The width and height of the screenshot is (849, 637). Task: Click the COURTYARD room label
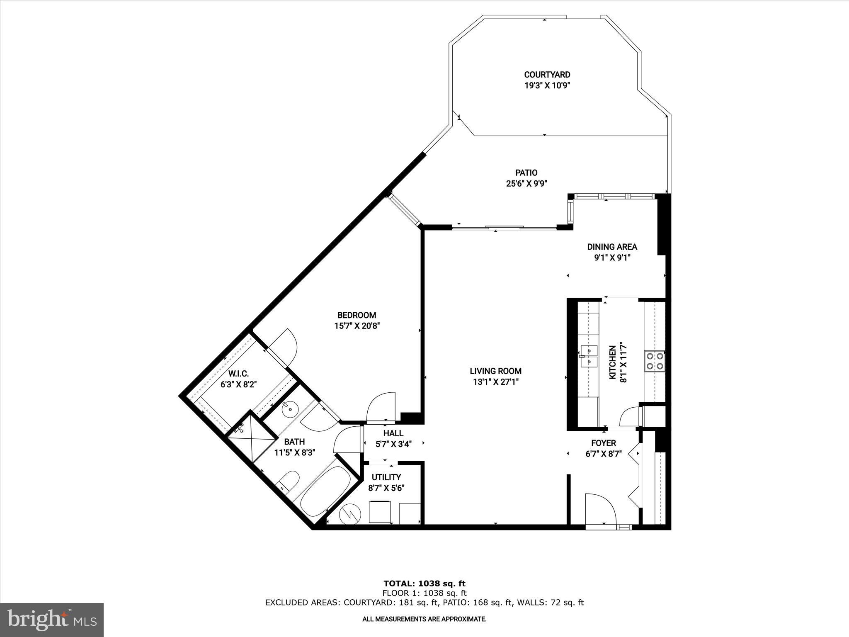[x=547, y=75]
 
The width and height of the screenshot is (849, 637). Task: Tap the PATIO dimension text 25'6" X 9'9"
[x=526, y=184]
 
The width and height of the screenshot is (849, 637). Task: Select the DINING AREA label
[x=612, y=247]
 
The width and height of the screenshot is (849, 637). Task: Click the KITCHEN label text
[x=612, y=362]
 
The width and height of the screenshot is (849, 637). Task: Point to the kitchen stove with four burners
[x=654, y=361]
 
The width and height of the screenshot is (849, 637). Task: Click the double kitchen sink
[x=588, y=356]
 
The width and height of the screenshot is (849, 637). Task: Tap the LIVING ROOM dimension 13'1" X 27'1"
[x=496, y=382]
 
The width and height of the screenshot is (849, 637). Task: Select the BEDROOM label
[x=357, y=315]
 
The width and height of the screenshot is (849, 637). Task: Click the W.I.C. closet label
[x=238, y=374]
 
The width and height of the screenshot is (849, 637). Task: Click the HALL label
[x=393, y=433]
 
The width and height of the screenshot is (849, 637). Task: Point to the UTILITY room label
[x=386, y=477]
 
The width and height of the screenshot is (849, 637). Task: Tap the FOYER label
[x=604, y=443]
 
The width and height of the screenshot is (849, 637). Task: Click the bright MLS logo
[x=52, y=620]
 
